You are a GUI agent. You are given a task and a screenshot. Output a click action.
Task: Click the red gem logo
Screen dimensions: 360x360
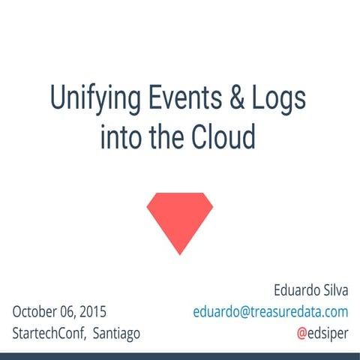(179, 218)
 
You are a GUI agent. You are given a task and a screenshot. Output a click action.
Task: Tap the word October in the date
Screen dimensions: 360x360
(37, 311)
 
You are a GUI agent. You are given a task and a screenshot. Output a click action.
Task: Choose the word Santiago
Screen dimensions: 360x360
(116, 333)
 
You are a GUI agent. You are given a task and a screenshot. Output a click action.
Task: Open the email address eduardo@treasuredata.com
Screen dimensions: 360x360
(270, 311)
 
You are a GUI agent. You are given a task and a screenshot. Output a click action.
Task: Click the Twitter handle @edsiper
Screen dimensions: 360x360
(322, 333)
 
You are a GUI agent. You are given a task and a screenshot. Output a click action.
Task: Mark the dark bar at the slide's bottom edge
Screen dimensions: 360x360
(180, 355)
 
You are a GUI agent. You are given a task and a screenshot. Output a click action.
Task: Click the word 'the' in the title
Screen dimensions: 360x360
(169, 136)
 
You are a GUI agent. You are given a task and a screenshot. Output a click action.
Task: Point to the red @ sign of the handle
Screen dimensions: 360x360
(301, 333)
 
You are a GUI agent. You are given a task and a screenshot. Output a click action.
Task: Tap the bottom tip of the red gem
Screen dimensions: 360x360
(179, 253)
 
